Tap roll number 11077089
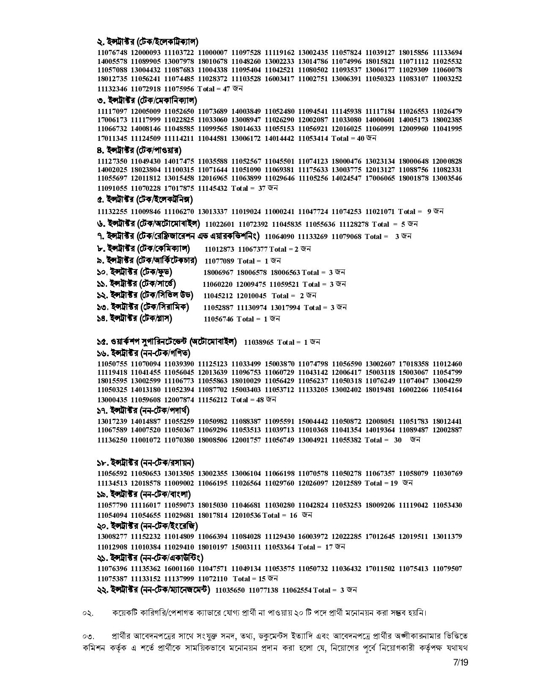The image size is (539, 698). click(x=219, y=261)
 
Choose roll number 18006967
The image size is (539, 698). click(x=218, y=272)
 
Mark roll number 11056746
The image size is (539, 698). click(x=219, y=319)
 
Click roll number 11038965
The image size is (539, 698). click(x=259, y=342)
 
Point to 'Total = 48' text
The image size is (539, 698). click(x=247, y=399)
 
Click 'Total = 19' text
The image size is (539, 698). click(x=381, y=483)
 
